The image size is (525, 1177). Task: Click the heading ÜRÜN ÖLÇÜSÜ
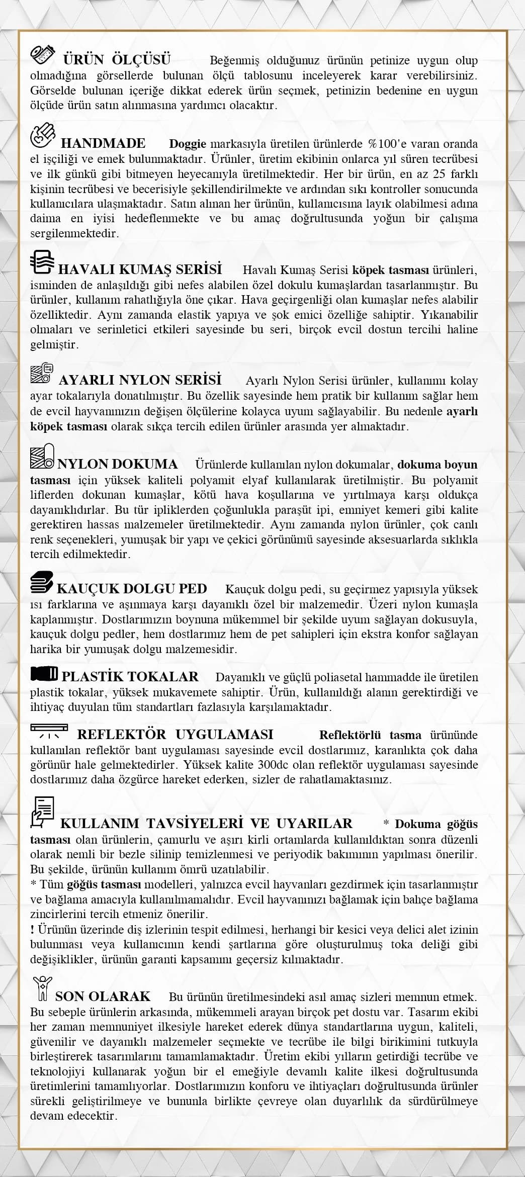coord(117,60)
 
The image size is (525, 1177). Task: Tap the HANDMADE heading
coord(103,143)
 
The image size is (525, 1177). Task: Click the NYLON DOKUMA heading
coord(117,464)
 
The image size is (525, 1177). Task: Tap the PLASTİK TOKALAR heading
coord(130,676)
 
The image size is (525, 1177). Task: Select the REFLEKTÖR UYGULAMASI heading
coord(175,734)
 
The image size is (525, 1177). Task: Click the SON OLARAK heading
coord(103,995)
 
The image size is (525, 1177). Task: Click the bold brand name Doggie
coord(188,144)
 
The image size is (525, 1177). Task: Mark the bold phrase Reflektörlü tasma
coord(370,735)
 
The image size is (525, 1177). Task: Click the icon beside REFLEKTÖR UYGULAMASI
coord(49,731)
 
